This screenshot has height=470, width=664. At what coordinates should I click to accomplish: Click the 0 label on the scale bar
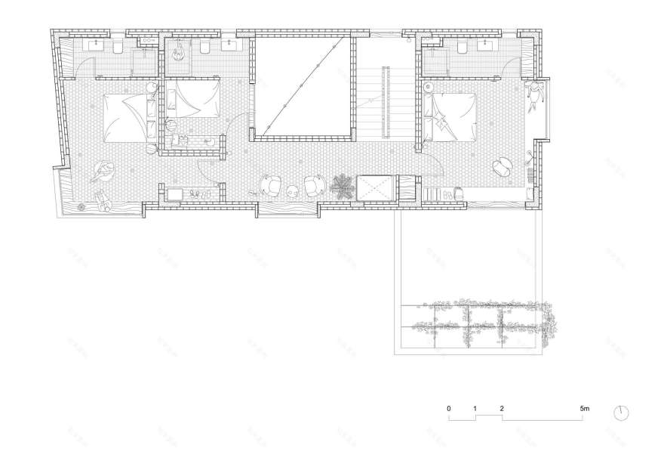pos(449,408)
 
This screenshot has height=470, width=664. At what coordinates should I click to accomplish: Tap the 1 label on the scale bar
pos(475,408)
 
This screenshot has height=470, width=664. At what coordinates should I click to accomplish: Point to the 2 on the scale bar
pos(502,408)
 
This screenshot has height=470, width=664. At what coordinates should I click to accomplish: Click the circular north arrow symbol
pos(622,413)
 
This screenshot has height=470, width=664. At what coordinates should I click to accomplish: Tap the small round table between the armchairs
pos(290,190)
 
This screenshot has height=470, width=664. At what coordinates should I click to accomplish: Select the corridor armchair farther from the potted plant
pos(270,184)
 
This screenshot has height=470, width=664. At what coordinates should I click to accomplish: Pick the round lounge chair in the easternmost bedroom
pos(501,165)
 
